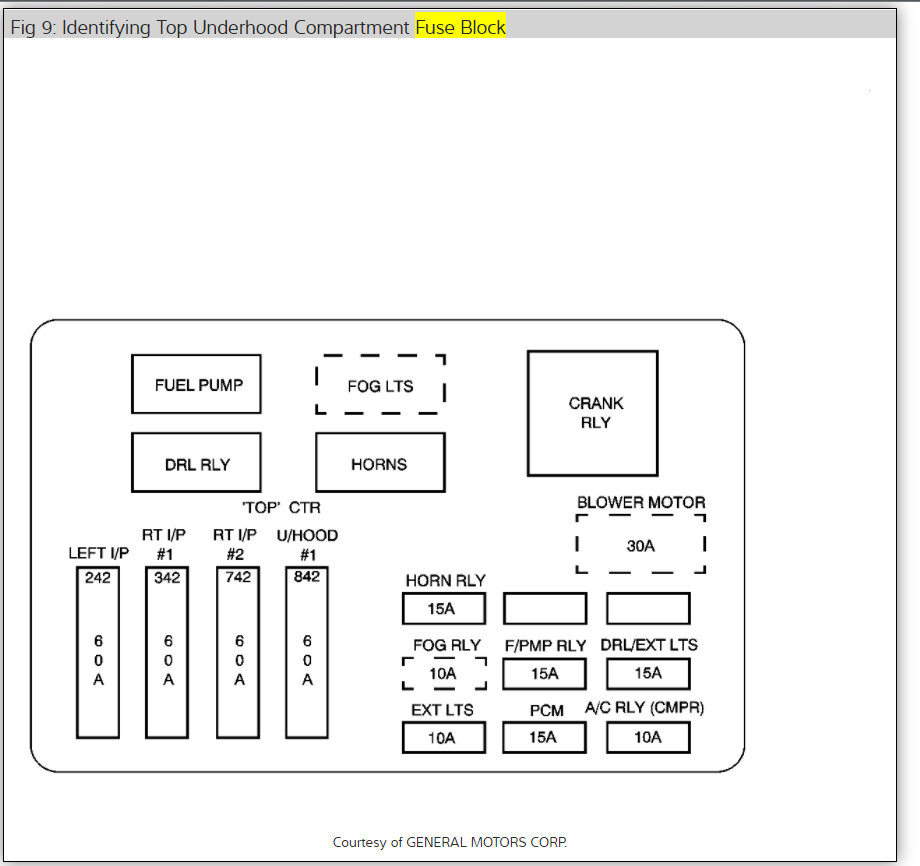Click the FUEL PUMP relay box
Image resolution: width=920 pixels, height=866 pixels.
pyautogui.click(x=196, y=384)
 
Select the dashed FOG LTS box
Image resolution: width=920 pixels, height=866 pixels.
pyautogui.click(x=380, y=385)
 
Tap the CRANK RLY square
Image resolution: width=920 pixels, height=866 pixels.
pyautogui.click(x=593, y=413)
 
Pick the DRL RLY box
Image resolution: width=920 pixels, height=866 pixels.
pyautogui.click(x=196, y=463)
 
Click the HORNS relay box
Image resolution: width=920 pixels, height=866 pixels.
pyautogui.click(x=380, y=463)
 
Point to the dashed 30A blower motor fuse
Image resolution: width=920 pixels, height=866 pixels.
pyautogui.click(x=641, y=545)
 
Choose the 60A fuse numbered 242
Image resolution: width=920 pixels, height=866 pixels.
pyautogui.click(x=98, y=652)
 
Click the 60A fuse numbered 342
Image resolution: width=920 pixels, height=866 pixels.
pyautogui.click(x=167, y=652)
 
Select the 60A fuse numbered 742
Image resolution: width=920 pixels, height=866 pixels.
pyautogui.click(x=239, y=652)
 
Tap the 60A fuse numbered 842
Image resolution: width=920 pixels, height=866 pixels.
pyautogui.click(x=307, y=652)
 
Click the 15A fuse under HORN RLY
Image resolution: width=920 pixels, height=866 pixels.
pyautogui.click(x=443, y=609)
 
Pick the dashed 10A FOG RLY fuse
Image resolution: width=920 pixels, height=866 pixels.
pyautogui.click(x=443, y=673)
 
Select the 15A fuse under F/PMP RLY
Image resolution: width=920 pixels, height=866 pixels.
pyautogui.click(x=544, y=673)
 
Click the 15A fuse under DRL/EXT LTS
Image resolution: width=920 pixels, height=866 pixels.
pyautogui.click(x=648, y=673)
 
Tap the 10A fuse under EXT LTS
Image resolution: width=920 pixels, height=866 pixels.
pyautogui.click(x=443, y=738)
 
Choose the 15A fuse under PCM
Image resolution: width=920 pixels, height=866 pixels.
pyautogui.click(x=544, y=738)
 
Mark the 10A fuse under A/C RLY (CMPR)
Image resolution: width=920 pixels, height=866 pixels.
pyautogui.click(x=648, y=738)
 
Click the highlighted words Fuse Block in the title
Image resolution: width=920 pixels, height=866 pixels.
pyautogui.click(x=461, y=27)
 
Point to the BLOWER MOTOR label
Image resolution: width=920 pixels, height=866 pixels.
pyautogui.click(x=641, y=502)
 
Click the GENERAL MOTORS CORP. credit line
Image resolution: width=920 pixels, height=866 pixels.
pyautogui.click(x=457, y=842)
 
